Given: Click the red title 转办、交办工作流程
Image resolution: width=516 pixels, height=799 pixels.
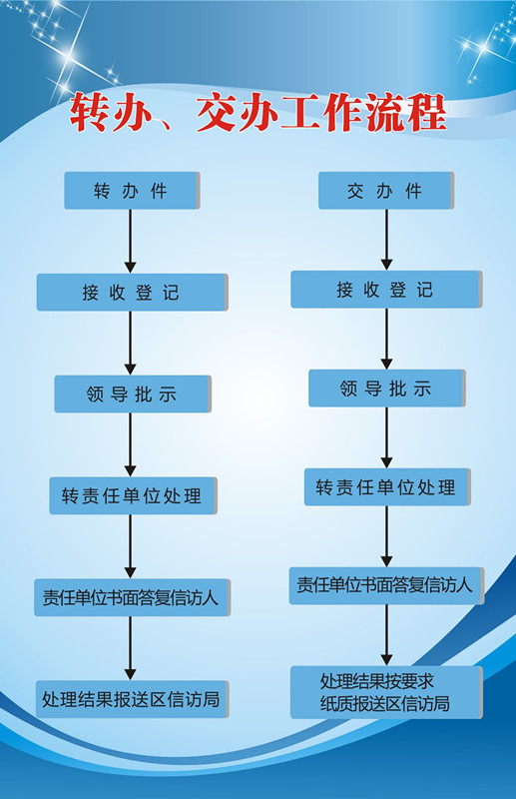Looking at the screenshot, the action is point(258,113).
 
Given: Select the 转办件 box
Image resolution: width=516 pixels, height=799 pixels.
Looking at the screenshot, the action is point(132,190).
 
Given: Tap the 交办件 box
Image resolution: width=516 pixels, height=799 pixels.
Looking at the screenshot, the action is point(385,190).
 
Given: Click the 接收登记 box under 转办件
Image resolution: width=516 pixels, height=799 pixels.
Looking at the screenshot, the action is point(132,292).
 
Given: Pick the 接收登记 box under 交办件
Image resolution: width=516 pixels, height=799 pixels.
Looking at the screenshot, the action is point(386,290).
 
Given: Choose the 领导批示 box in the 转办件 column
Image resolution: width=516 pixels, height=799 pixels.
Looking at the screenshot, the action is point(133,394).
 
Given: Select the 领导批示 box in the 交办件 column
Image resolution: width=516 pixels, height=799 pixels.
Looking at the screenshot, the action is point(386,389).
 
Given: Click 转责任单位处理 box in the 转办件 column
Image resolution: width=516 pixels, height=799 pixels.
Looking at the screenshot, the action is point(133,495).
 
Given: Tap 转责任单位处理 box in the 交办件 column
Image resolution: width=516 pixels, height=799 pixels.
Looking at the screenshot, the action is point(387,487).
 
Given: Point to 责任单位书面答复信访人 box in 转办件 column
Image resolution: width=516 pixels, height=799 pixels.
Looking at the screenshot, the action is point(132,597).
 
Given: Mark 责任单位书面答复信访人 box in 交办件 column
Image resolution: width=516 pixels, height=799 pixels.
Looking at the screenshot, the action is point(386,585).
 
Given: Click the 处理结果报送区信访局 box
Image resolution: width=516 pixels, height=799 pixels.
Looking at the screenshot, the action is point(132,699).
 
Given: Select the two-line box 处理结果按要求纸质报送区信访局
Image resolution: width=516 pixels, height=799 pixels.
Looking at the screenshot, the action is point(386,692).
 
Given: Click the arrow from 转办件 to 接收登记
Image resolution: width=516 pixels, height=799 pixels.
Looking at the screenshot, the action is point(131,241).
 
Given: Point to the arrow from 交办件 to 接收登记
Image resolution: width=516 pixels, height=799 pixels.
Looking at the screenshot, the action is point(386,240).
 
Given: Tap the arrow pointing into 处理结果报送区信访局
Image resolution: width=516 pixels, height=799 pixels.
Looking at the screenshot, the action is point(131,648).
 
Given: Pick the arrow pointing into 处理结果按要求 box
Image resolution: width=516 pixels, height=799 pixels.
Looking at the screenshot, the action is point(386,635).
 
